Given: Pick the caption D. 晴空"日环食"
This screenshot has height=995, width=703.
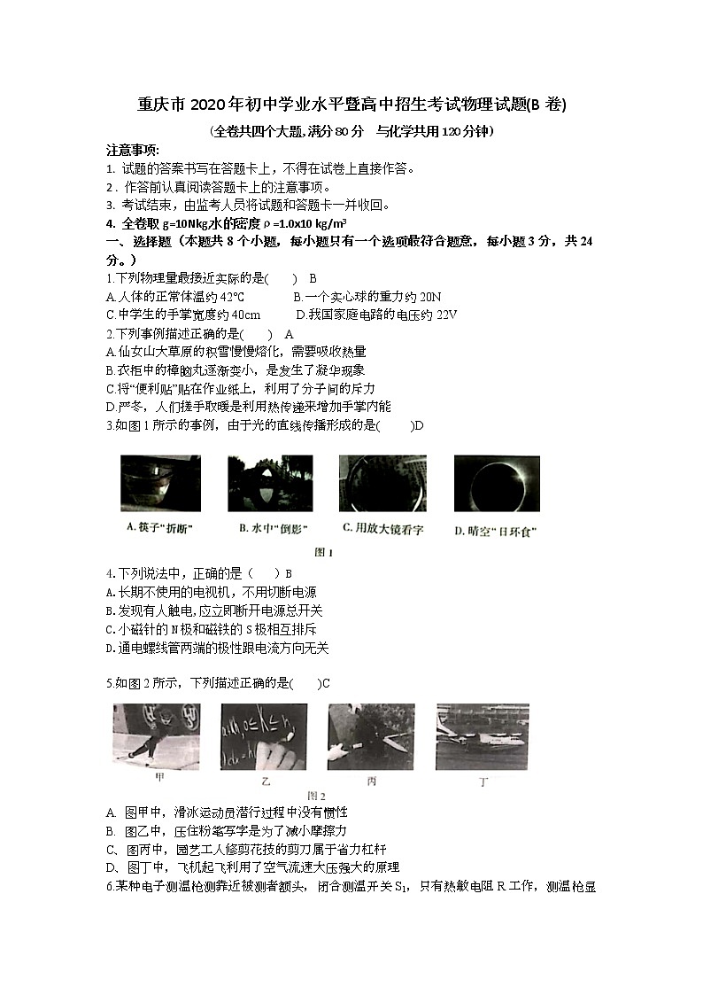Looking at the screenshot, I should coord(495,531).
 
